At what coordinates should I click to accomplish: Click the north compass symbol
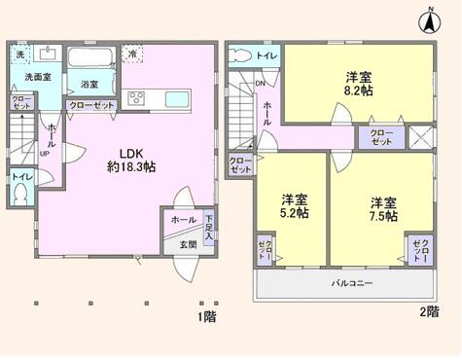point(428,18)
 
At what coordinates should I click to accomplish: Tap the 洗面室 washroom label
point(36,75)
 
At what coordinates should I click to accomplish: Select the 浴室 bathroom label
point(89,84)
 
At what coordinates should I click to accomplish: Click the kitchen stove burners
point(136,96)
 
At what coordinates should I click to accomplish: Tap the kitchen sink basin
point(179,98)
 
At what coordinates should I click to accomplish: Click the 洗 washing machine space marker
point(20,53)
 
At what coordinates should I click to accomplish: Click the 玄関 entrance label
point(187,244)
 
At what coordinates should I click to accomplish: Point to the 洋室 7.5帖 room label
point(381,209)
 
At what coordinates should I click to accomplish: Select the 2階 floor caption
point(428,311)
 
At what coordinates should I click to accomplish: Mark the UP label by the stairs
point(44,153)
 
